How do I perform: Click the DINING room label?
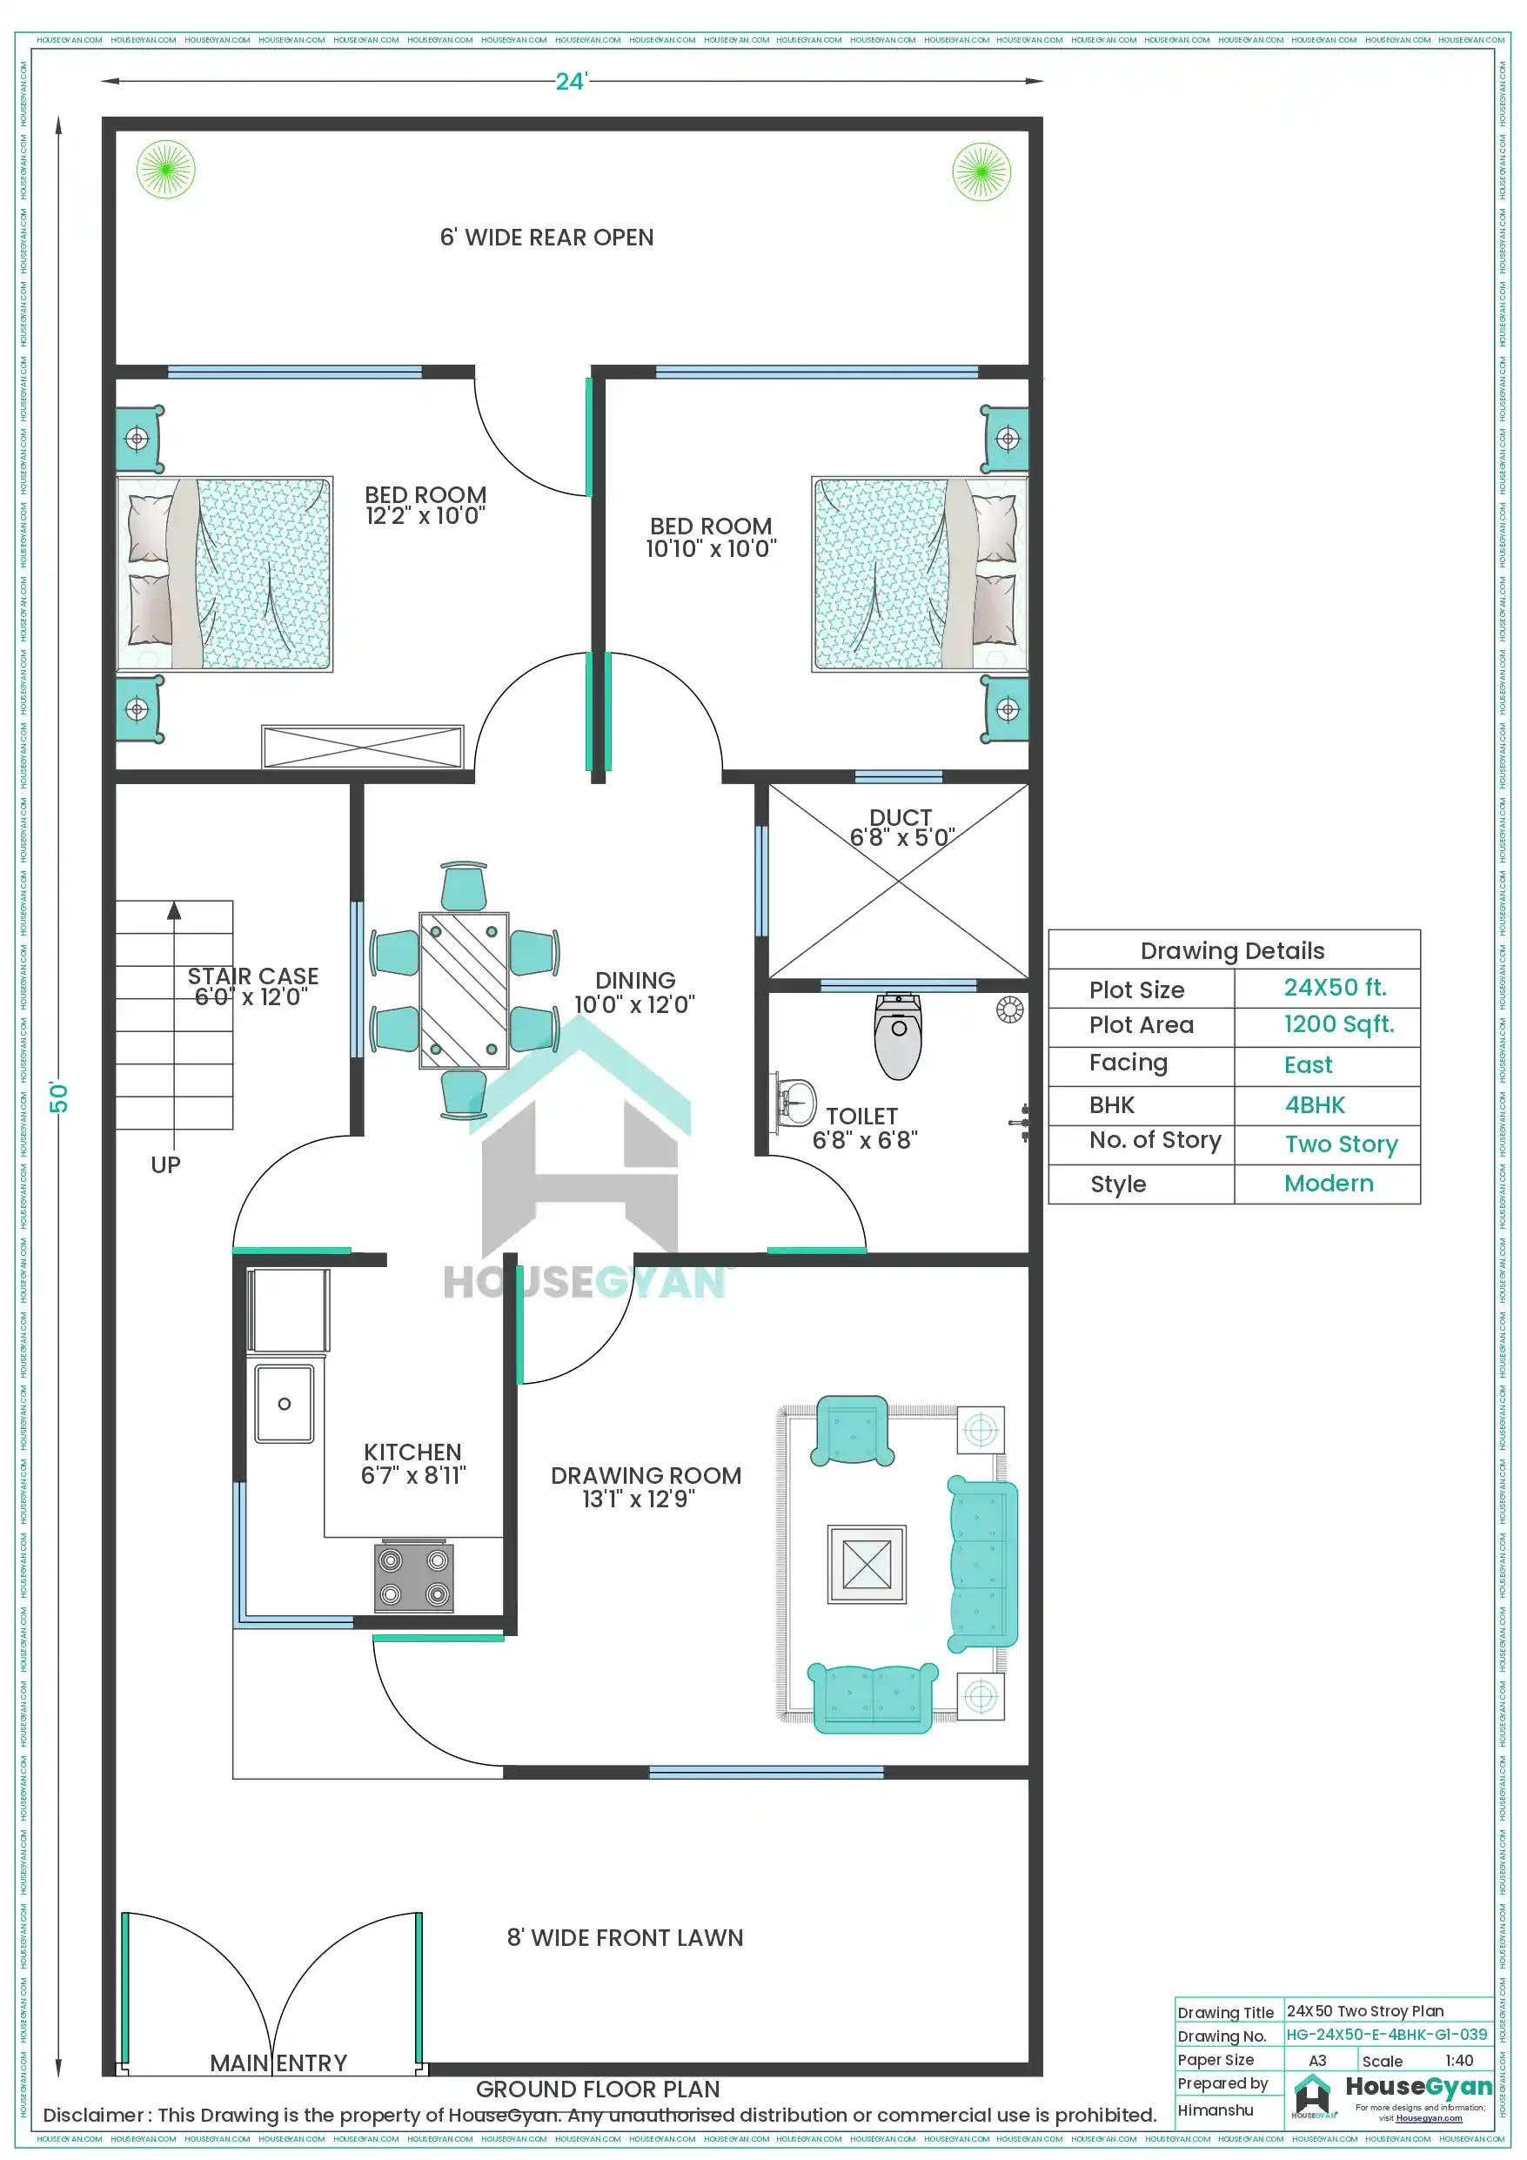pos(635,991)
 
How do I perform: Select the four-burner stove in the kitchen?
pos(413,1576)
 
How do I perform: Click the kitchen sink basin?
pos(285,1403)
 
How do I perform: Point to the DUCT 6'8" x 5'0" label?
pos(901,827)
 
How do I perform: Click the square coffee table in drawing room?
pos(866,1564)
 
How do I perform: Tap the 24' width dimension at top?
pos(570,82)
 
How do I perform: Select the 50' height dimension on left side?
pos(58,1096)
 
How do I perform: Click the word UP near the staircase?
pos(165,1164)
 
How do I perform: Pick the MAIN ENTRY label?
pos(278,2063)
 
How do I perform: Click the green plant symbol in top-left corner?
pos(165,170)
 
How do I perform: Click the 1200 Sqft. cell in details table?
pos(1338,1024)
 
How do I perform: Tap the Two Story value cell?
pos(1341,1144)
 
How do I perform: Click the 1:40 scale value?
pos(1458,2060)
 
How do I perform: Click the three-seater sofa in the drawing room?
pos(982,1565)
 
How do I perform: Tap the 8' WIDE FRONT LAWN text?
pos(625,1937)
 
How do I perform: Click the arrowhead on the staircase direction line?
pos(174,910)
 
